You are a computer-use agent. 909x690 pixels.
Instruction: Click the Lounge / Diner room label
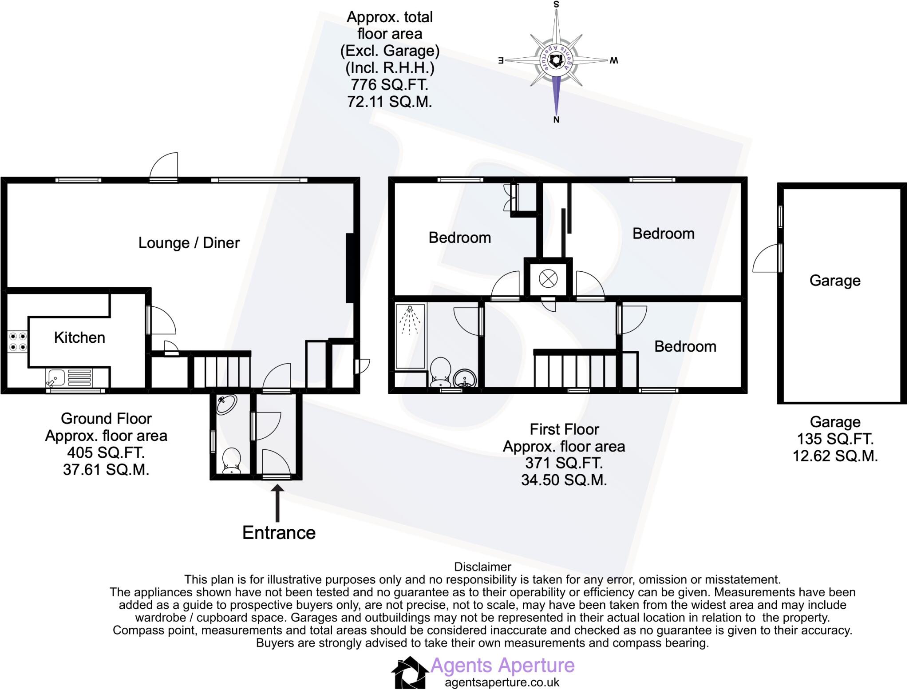pyautogui.click(x=189, y=243)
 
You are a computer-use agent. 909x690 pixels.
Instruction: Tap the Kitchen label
pyautogui.click(x=79, y=337)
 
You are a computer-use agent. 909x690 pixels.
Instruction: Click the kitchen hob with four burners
pyautogui.click(x=18, y=341)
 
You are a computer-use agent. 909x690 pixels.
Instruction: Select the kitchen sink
pyautogui.click(x=69, y=378)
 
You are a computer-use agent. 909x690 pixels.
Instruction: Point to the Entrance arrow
pyautogui.click(x=278, y=503)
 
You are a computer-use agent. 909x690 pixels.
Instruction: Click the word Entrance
pyautogui.click(x=279, y=533)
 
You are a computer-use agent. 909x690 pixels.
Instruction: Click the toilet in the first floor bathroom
pyautogui.click(x=440, y=372)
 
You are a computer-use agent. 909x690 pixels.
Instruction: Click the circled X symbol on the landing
pyautogui.click(x=548, y=279)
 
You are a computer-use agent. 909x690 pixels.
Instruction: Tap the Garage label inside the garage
pyautogui.click(x=835, y=281)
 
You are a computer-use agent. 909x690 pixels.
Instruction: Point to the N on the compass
pyautogui.click(x=556, y=119)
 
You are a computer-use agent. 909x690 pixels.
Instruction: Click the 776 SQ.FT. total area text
pyautogui.click(x=389, y=84)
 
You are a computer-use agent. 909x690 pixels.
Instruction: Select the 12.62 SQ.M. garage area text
pyautogui.click(x=835, y=456)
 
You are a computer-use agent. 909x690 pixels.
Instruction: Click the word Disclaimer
pyautogui.click(x=482, y=567)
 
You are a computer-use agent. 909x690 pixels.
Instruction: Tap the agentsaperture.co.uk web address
pyautogui.click(x=502, y=682)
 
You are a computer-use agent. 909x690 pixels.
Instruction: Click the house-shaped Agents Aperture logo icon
pyautogui.click(x=409, y=672)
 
